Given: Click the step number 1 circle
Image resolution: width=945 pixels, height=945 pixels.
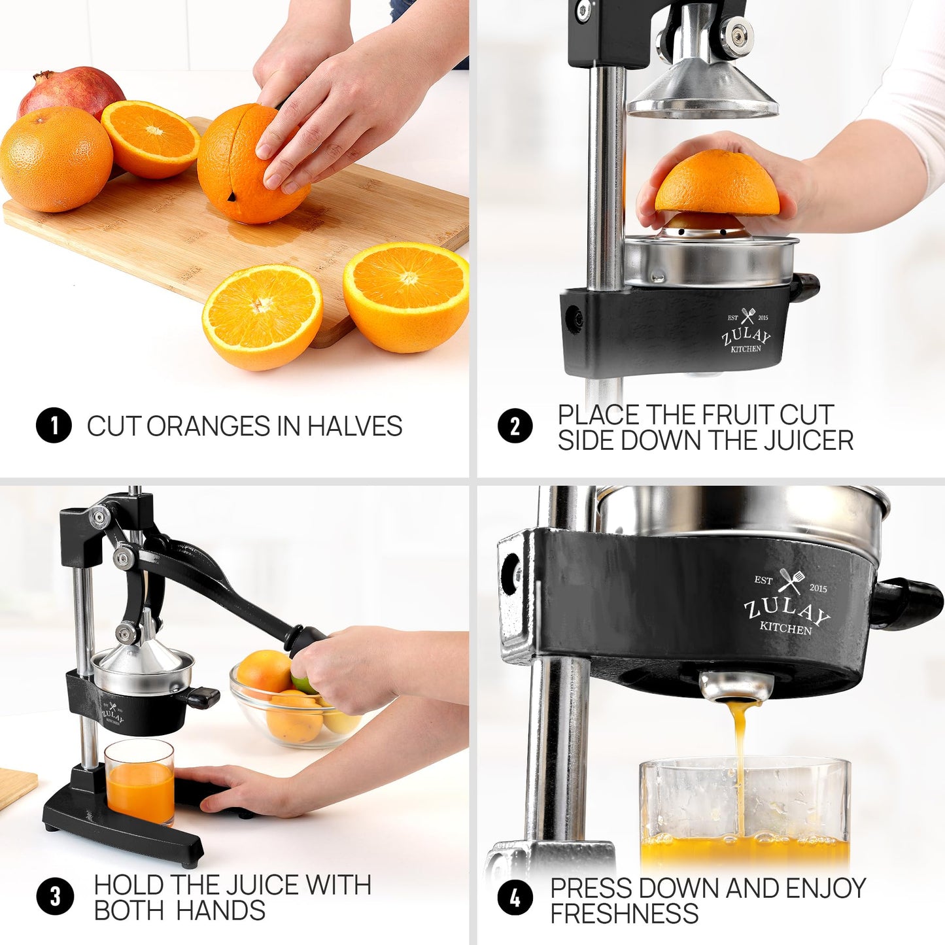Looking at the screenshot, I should coord(54,426).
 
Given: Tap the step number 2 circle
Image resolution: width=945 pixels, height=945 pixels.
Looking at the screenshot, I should coord(515,426).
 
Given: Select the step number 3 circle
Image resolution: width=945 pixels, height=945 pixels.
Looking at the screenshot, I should coord(55,896).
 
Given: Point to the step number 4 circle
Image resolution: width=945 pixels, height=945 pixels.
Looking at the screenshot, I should coord(515,898).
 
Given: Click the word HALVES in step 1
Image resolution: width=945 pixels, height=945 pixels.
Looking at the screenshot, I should coord(354,426).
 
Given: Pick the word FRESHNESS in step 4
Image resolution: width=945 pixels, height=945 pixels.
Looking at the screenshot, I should coord(624,914).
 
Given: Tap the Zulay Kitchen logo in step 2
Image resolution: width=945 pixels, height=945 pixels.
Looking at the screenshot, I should coord(746,332).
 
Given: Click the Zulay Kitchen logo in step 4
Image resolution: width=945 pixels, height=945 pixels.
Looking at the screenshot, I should coord(787,604).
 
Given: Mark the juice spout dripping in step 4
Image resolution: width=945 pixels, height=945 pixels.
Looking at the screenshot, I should coord(736,687).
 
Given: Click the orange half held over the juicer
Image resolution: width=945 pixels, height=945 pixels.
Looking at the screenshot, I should coord(717,184).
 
